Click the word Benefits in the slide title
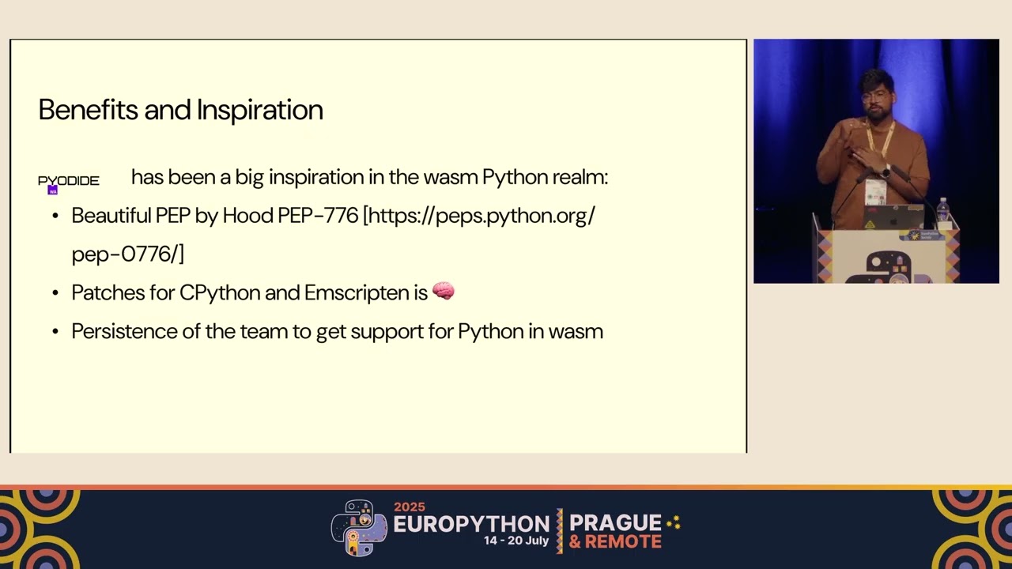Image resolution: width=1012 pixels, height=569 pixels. pos(88,110)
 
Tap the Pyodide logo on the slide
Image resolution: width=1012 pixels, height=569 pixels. pos(69,182)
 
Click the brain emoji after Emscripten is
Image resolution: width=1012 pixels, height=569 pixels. pos(444,292)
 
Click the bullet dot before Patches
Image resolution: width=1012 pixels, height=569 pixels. pos(55,293)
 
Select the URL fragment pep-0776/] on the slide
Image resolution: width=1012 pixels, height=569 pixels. pos(127,254)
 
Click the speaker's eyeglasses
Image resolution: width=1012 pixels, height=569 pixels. pos(874,96)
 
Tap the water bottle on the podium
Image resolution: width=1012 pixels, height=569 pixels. pos(942,211)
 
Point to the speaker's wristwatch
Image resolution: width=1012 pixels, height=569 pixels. pos(886,171)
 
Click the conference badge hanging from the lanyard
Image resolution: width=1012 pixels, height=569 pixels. pos(874,191)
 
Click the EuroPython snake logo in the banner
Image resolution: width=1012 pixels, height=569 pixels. pos(360,526)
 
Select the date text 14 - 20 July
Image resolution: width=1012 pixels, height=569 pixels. pos(516,541)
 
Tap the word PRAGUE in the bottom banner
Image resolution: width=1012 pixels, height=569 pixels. pos(615,522)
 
